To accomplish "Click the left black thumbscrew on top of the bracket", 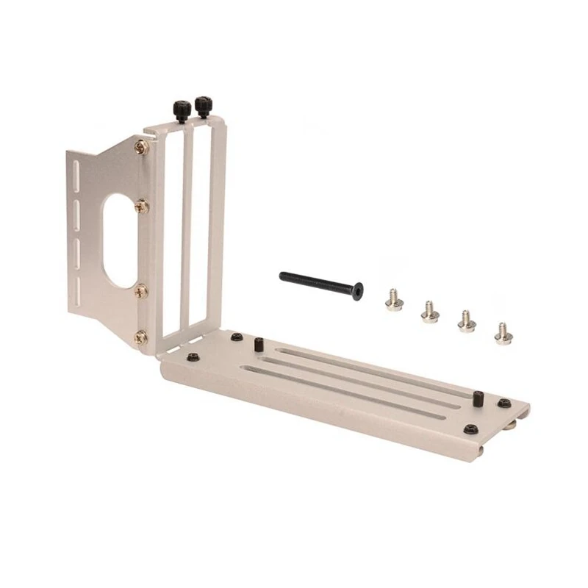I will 182,110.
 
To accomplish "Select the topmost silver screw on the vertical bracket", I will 142,147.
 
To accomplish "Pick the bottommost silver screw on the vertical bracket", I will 140,338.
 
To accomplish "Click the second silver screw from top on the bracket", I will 142,207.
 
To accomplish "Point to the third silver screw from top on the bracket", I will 141,291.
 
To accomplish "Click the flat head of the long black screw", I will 357,292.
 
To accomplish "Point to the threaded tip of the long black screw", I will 284,276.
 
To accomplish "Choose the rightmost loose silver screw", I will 503,334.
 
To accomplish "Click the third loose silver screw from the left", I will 466,322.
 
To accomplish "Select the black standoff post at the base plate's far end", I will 478,399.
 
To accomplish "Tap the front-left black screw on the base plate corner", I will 193,357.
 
